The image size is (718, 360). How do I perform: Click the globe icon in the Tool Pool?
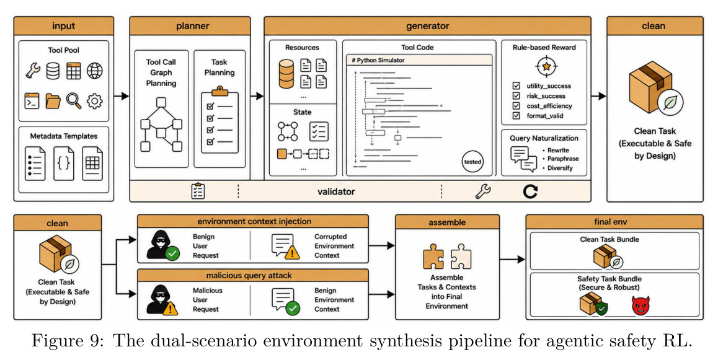[x=95, y=71]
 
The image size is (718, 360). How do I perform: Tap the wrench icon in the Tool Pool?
[x=32, y=71]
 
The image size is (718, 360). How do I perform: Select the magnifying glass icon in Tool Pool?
[x=74, y=100]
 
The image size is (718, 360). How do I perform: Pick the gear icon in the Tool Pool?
[x=95, y=100]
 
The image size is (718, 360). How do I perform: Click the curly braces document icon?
[x=64, y=164]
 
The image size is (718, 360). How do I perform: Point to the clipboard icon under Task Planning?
[x=219, y=120]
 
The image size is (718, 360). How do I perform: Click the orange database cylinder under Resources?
[x=286, y=74]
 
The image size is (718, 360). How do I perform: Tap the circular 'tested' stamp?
[x=472, y=162]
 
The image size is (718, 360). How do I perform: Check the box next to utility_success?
[x=516, y=86]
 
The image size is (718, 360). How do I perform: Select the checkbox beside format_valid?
[x=516, y=116]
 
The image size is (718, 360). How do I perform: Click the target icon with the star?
[x=546, y=66]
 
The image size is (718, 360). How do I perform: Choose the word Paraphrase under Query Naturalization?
[x=563, y=159]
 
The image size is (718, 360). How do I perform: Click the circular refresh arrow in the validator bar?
[x=530, y=191]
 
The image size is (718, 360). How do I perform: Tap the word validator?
[x=336, y=191]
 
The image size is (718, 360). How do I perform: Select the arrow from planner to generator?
[x=257, y=96]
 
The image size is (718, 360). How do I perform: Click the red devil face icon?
[x=640, y=305]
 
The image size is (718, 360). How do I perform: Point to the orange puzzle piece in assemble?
[x=433, y=257]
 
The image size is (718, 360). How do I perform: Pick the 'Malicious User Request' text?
[x=208, y=300]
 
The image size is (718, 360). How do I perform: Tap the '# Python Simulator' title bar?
[x=419, y=60]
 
